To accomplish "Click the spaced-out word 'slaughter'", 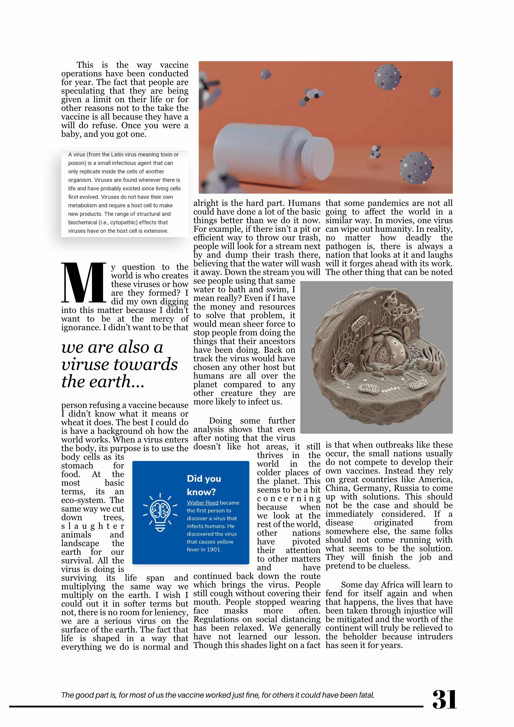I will pos(92,526).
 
